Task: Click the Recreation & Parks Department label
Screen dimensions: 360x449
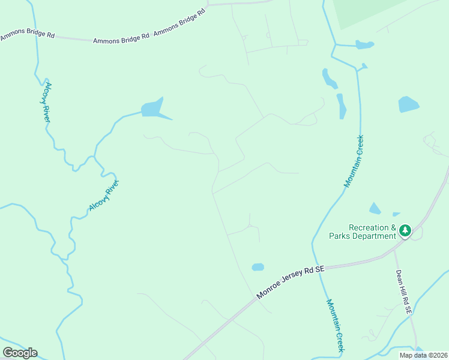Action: [363, 232]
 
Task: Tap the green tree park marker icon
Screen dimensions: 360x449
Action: [405, 230]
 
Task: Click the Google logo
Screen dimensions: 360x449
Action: [20, 353]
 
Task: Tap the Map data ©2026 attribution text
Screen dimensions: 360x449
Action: [423, 355]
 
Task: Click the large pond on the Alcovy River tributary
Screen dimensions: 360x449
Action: [152, 109]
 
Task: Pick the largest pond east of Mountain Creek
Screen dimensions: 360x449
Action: [408, 104]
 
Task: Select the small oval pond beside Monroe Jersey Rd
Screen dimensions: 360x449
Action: [258, 267]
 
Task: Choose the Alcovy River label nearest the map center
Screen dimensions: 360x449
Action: [104, 195]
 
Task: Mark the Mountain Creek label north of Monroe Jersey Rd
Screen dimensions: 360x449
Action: [354, 161]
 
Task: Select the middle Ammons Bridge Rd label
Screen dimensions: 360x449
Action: [121, 40]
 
